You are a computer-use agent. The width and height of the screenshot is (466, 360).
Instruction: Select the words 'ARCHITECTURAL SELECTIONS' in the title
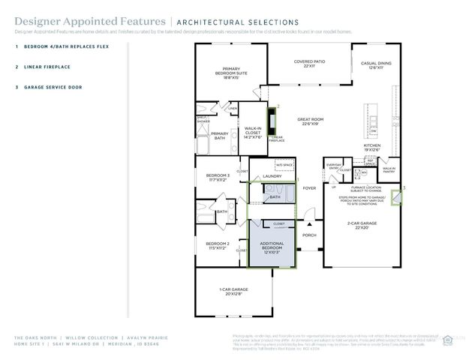coord(236,22)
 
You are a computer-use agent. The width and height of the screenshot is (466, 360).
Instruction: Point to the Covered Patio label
coord(308,65)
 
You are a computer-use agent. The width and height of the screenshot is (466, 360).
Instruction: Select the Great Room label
coord(310,121)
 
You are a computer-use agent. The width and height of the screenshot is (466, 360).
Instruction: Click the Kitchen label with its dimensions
coord(373,148)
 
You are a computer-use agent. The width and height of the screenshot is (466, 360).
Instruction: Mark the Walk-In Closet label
coord(253,133)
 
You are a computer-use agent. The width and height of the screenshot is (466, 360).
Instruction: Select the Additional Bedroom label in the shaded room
coord(272,247)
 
